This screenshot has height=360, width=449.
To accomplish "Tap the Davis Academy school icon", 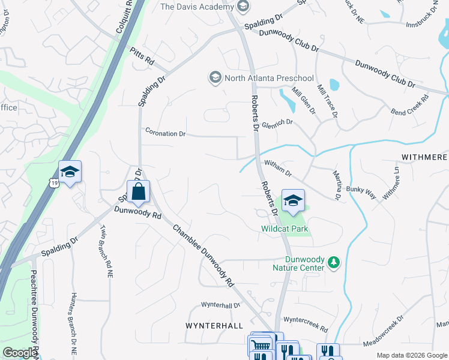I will [243, 7].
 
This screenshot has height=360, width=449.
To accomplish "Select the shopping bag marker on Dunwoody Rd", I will [138, 192].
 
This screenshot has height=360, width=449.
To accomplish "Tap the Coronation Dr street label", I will [165, 133].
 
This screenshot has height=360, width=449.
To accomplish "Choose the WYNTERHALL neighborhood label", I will [214, 325].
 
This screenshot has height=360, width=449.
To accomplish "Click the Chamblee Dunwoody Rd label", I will [203, 254].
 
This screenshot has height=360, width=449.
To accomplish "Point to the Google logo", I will [20, 353].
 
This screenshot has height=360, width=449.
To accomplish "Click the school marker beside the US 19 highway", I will [70, 172].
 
